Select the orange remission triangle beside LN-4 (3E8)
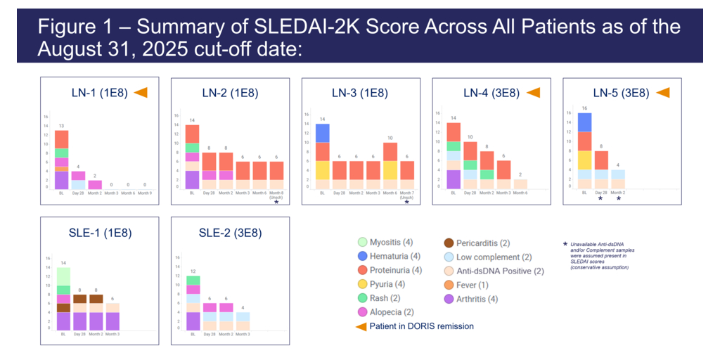(533, 92)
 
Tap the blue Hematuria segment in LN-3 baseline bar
(323, 133)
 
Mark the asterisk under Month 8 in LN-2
(276, 202)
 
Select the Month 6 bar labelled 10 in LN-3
(390, 166)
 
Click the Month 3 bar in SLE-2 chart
(242, 321)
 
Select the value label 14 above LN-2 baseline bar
(192, 120)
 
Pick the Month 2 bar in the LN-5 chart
(618, 179)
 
